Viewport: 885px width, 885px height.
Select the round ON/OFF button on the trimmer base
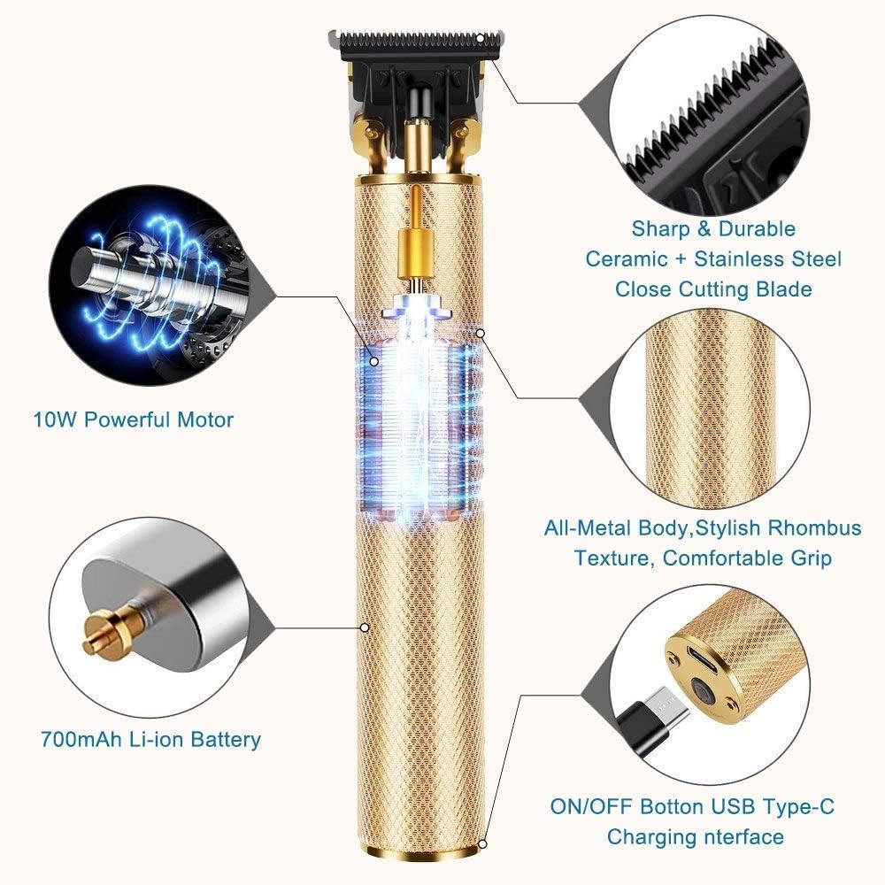click(705, 692)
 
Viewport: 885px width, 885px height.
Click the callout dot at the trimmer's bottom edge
click(482, 843)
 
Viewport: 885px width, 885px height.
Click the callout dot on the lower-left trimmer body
click(364, 627)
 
